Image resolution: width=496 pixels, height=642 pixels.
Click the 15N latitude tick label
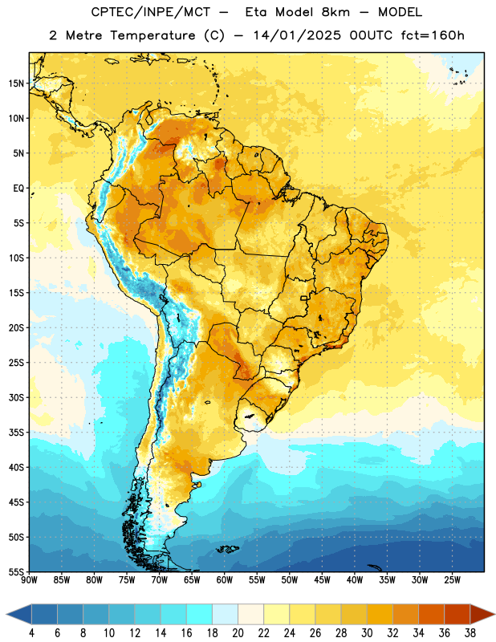[16, 83]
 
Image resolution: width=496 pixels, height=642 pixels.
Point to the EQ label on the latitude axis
[18, 189]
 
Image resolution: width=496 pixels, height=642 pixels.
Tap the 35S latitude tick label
[16, 433]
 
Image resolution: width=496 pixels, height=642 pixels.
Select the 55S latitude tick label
[16, 571]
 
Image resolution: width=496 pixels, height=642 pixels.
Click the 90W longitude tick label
[29, 580]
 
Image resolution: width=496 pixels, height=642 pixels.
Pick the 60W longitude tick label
[225, 580]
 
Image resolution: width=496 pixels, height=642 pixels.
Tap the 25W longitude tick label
[452, 580]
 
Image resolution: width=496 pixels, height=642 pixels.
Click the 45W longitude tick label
[322, 580]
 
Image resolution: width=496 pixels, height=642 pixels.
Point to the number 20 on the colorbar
[238, 633]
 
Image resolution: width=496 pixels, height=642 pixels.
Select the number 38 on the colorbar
[470, 633]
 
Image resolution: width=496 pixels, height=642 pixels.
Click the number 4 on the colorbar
[31, 633]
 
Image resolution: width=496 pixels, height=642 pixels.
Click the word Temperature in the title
[152, 35]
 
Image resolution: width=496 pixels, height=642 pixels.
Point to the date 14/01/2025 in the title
[297, 35]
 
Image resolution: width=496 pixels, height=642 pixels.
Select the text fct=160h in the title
[433, 35]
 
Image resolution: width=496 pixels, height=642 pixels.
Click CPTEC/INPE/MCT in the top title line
[150, 12]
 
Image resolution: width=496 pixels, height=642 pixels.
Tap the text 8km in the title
[335, 12]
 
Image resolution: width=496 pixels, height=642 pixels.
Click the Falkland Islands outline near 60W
[228, 549]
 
